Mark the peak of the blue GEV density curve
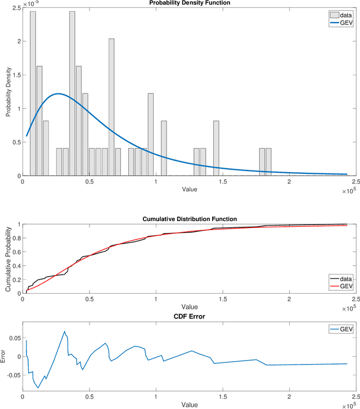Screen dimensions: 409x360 (58, 94)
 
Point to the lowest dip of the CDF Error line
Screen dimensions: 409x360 (38, 388)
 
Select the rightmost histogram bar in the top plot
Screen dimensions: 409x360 (268, 162)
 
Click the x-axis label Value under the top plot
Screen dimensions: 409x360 (190, 190)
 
